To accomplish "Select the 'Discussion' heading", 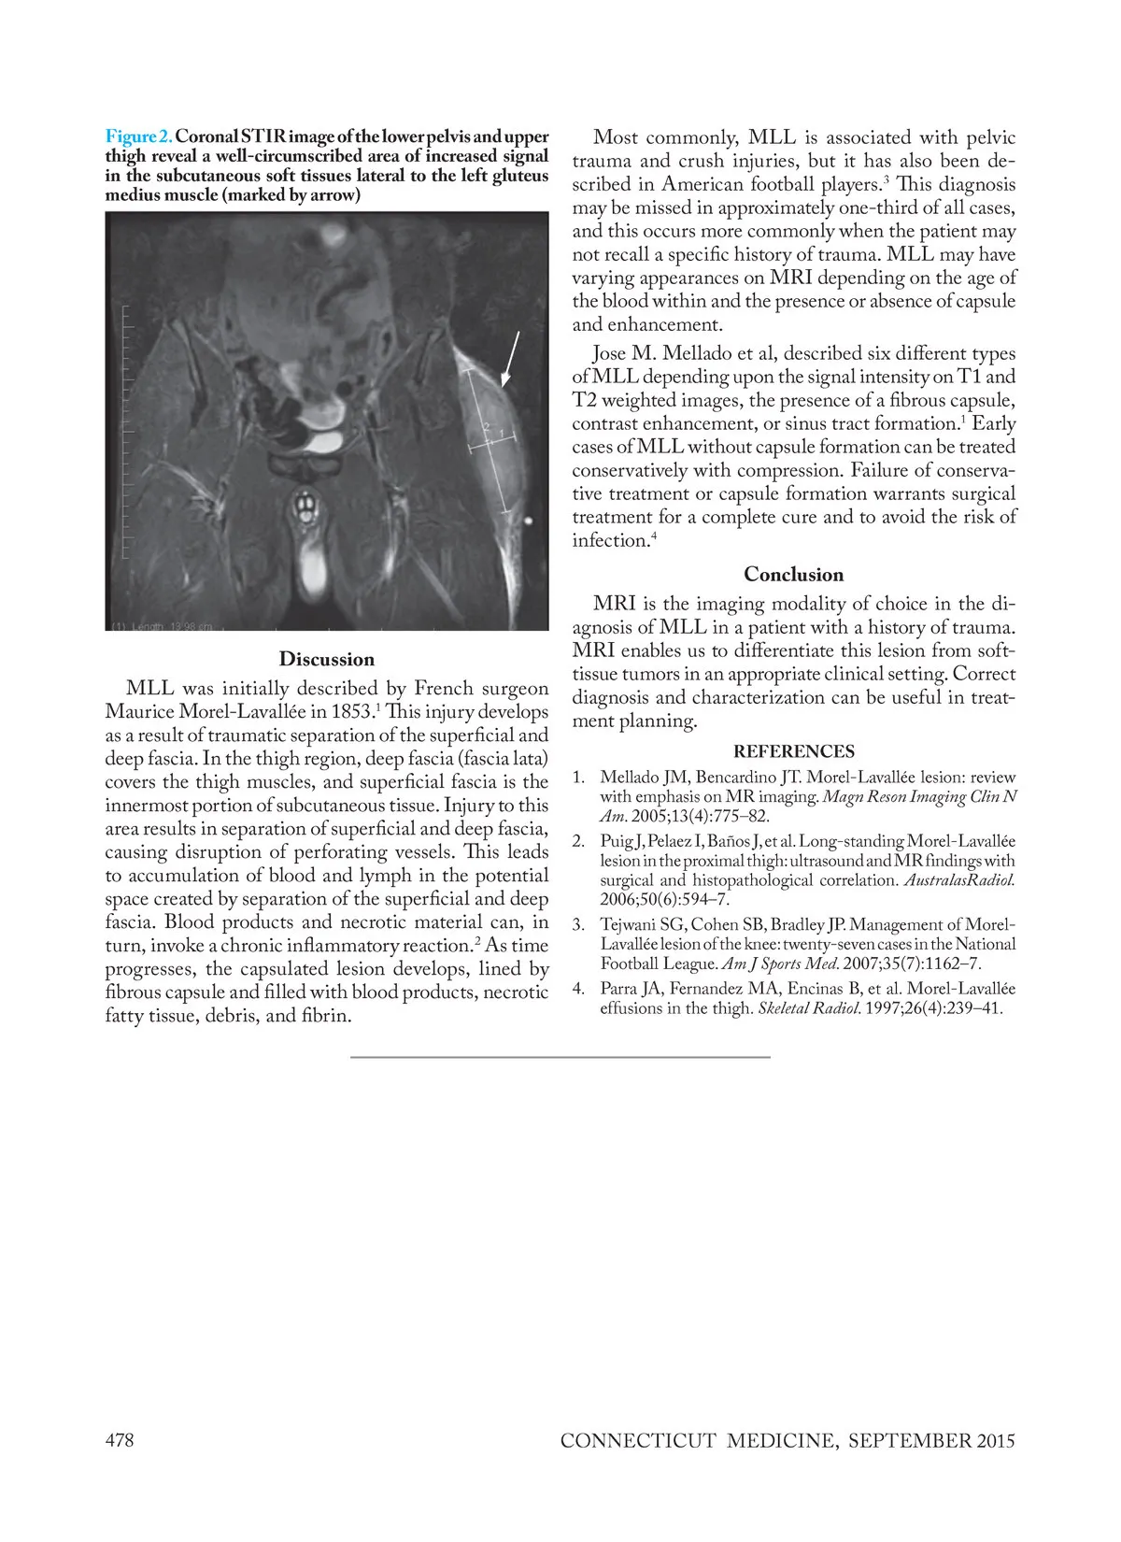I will coord(326,659).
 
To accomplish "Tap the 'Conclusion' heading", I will coord(793,574).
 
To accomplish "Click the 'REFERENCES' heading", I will coord(793,751).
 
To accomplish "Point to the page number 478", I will coord(120,1440).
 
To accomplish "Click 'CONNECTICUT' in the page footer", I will coord(638,1441).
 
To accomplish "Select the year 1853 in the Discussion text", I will coord(352,712).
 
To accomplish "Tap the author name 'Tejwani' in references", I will coord(627,925).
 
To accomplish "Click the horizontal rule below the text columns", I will coord(560,1057).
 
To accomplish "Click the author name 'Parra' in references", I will coord(619,989).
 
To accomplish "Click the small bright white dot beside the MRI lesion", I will coord(530,521).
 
